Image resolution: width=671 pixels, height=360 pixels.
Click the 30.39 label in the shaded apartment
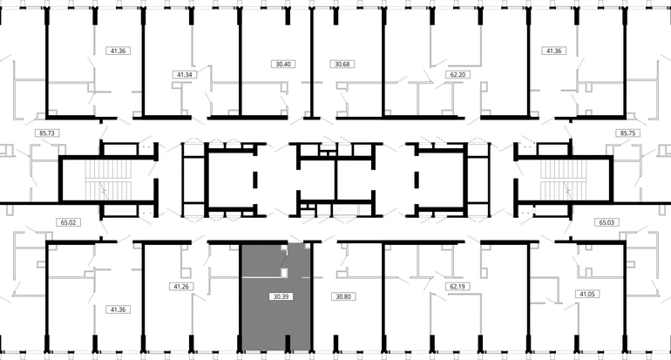click(x=281, y=296)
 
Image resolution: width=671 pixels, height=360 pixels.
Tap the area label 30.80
click(x=343, y=296)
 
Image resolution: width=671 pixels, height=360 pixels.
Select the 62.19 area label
click(x=457, y=286)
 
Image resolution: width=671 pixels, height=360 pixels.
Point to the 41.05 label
click(x=586, y=294)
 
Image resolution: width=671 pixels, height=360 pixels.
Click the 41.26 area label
click(x=181, y=287)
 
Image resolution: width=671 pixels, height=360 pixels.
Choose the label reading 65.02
click(x=69, y=222)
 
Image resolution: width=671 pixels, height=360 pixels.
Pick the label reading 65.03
click(x=607, y=222)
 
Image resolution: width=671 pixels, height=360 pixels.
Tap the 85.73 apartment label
click(x=47, y=133)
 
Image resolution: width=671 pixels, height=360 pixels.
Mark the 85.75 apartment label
click(x=627, y=133)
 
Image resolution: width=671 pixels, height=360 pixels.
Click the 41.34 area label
click(x=185, y=74)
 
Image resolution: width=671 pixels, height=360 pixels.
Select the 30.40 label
click(x=283, y=65)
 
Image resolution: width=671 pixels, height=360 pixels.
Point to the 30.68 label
click(x=342, y=65)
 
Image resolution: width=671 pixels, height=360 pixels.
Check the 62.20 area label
click(x=457, y=74)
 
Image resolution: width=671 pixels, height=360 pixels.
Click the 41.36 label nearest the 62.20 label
click(x=553, y=51)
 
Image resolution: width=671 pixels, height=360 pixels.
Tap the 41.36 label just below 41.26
click(x=119, y=309)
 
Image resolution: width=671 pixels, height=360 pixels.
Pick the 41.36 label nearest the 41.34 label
click(x=119, y=51)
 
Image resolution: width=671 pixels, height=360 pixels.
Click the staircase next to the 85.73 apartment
click(x=107, y=180)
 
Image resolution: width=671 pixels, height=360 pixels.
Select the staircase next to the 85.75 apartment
click(x=562, y=180)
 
